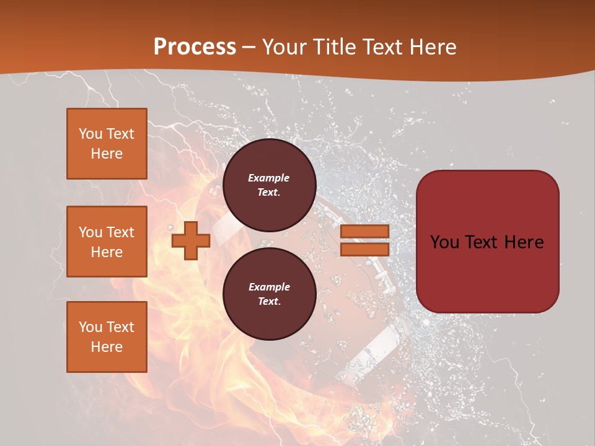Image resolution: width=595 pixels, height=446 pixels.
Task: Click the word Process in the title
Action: coord(195,47)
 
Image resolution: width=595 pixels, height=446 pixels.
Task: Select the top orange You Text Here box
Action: coord(107,144)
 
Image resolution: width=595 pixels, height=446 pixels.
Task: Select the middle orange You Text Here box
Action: coord(107,242)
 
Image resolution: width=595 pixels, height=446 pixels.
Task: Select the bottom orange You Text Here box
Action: coord(107,337)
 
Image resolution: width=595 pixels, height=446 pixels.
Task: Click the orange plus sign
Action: coord(190,240)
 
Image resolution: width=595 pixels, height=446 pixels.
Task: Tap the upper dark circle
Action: coord(269,185)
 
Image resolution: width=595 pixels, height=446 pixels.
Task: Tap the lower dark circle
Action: coord(269,294)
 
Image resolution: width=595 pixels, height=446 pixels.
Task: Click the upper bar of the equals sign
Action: coord(364,232)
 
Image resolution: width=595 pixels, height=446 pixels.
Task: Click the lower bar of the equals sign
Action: coord(364,249)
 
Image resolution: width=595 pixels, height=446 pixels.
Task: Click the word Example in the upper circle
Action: coord(269,178)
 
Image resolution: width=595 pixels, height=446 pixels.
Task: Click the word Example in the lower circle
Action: coord(269,287)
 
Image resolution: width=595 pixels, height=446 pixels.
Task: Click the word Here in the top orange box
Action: coord(107,154)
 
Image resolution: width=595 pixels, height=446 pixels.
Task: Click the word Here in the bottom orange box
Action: coord(107,347)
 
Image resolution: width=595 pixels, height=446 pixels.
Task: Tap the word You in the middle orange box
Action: coord(90,232)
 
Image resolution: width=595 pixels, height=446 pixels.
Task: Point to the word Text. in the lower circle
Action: coord(269,302)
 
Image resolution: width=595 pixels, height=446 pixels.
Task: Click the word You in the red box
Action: coord(444,242)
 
